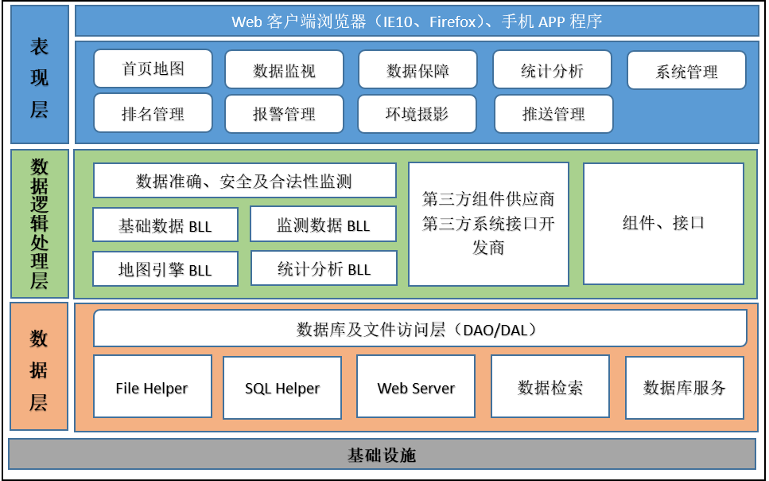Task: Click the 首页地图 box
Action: (x=153, y=68)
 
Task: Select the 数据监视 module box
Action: (x=285, y=70)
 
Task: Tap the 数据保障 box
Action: (x=418, y=70)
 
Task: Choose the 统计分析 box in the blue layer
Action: (x=553, y=70)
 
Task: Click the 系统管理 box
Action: (x=686, y=71)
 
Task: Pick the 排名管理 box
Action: (x=153, y=113)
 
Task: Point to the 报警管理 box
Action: (x=285, y=114)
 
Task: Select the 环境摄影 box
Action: (x=418, y=114)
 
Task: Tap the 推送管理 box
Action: (x=553, y=114)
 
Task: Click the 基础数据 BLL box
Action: (x=165, y=225)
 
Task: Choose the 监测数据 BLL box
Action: (x=323, y=225)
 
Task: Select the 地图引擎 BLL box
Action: (x=165, y=269)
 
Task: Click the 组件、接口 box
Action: (x=663, y=224)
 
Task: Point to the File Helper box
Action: (x=153, y=387)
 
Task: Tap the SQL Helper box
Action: (x=282, y=388)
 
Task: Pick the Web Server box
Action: (x=416, y=387)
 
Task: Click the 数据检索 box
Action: (x=550, y=387)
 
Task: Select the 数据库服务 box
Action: (x=685, y=387)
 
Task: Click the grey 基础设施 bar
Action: (x=383, y=455)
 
